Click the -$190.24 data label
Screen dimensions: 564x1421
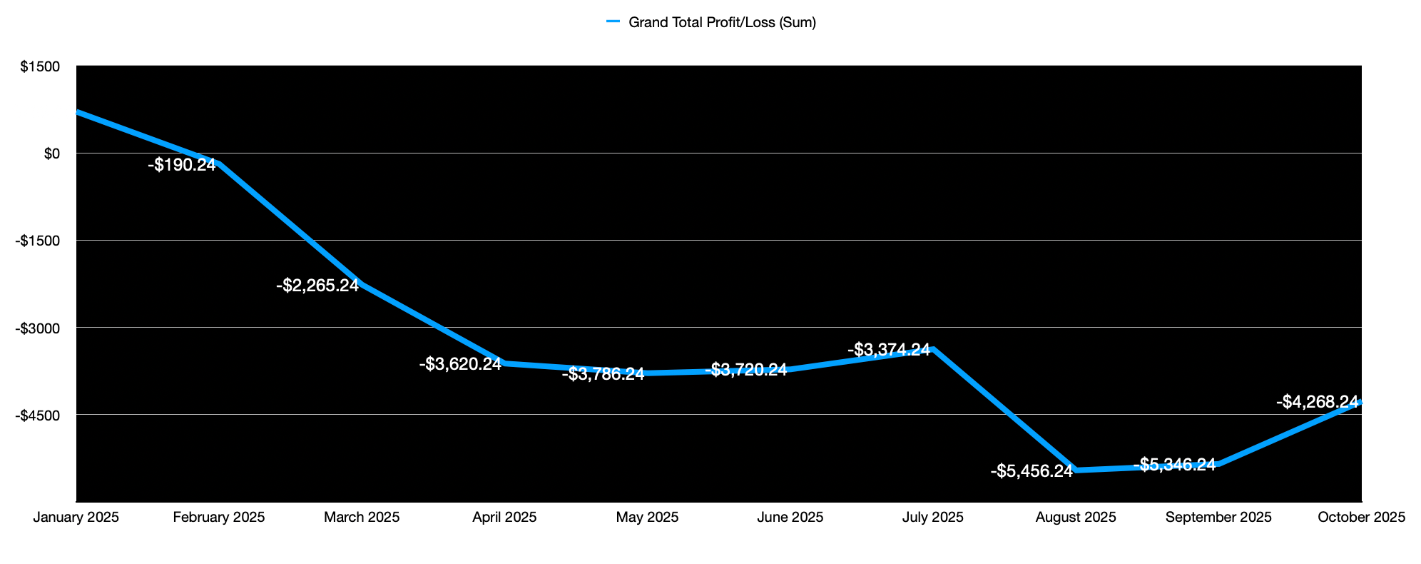181,165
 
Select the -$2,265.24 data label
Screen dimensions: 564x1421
317,286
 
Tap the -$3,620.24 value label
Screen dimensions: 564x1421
460,364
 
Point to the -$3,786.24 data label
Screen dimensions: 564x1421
603,373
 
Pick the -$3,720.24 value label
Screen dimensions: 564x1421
745,370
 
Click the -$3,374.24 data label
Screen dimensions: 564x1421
888,350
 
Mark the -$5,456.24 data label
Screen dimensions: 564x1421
1031,471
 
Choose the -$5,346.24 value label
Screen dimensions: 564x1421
1173,465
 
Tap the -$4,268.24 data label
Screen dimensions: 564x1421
1316,402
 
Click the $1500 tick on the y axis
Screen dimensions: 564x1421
40,66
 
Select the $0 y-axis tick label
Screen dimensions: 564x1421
51,153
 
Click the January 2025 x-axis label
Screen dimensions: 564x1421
76,517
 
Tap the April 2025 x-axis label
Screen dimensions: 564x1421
504,517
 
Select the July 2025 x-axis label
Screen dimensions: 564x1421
932,517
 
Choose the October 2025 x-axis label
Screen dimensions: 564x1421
1361,517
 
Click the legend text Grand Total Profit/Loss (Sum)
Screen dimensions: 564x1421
722,22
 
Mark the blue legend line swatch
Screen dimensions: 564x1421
614,22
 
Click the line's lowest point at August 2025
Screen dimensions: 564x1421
1076,470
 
